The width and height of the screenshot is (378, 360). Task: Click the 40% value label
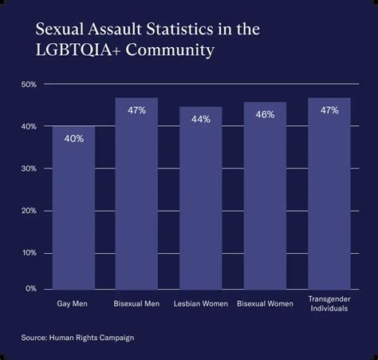point(73,138)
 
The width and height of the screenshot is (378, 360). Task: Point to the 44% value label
point(200,119)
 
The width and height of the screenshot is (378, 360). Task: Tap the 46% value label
point(265,114)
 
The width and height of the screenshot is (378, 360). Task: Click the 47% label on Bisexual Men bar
point(136,110)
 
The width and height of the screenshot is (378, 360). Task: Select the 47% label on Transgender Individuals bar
point(329,110)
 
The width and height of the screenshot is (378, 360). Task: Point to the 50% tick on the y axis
point(28,85)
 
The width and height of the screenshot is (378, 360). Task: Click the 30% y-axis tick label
point(28,169)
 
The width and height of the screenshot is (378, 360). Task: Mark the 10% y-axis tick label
point(28,253)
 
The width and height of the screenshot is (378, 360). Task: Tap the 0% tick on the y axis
point(30,288)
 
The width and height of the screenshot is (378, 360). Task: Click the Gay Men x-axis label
point(73,304)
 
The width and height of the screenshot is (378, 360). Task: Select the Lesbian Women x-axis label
point(200,304)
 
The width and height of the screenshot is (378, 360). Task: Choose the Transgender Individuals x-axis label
point(329,304)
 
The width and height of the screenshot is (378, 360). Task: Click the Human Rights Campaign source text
point(93,338)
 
